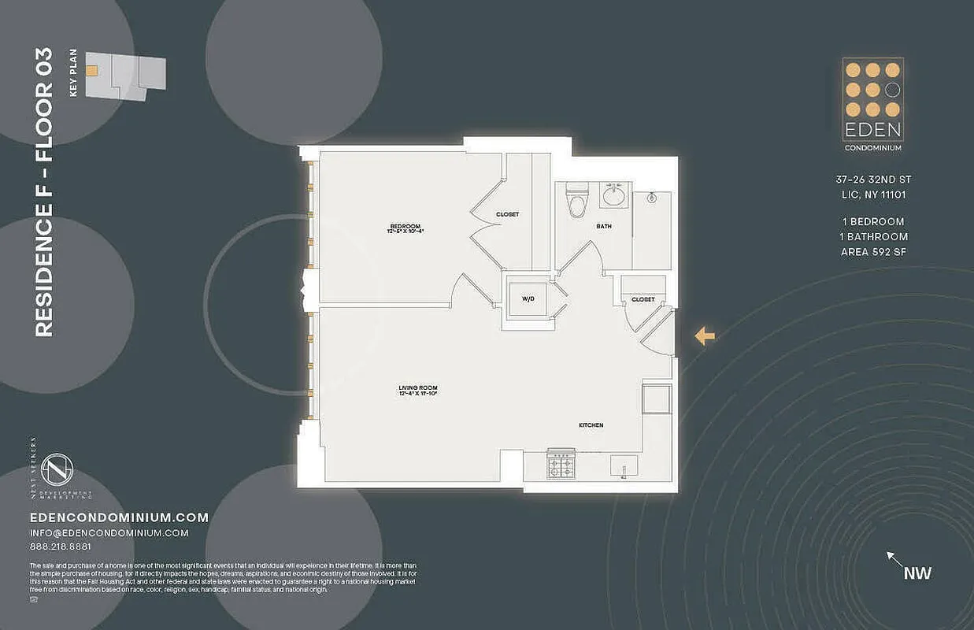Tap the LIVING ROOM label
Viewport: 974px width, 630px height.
(x=417, y=387)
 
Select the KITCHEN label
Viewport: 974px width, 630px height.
(x=591, y=425)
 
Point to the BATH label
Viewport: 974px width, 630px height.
(x=603, y=226)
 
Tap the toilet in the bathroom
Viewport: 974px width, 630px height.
(x=577, y=202)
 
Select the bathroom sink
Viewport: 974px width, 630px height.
(x=613, y=195)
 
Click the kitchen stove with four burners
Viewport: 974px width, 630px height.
(x=561, y=465)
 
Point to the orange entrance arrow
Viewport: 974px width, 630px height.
(x=704, y=336)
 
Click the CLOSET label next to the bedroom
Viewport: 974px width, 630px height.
(x=507, y=214)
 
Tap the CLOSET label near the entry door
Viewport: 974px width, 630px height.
(x=643, y=299)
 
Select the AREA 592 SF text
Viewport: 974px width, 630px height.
(x=872, y=252)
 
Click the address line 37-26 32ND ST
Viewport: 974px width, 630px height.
(x=872, y=180)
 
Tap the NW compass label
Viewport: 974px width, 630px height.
(x=917, y=573)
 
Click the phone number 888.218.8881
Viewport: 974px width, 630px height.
(x=60, y=547)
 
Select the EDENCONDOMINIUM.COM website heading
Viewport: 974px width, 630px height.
(x=119, y=517)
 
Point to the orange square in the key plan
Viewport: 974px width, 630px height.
(x=92, y=70)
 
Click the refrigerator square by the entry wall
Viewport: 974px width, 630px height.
(x=657, y=398)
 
